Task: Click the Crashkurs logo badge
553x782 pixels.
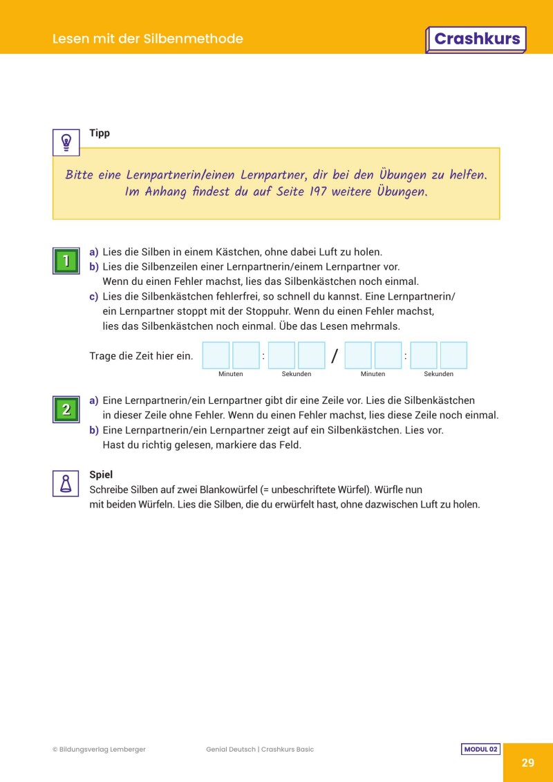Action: (x=476, y=39)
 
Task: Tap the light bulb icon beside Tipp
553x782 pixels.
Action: (x=66, y=142)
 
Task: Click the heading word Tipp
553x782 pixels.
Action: (x=100, y=133)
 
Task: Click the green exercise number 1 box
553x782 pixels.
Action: (x=66, y=261)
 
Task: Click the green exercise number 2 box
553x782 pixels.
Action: (x=66, y=409)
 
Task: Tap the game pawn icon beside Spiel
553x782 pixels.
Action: (x=66, y=483)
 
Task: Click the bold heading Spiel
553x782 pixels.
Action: (x=101, y=475)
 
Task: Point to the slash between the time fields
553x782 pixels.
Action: (x=335, y=356)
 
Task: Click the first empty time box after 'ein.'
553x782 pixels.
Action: (x=216, y=355)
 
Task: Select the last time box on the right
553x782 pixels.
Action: (x=453, y=355)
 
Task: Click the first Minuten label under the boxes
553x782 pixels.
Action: (x=231, y=374)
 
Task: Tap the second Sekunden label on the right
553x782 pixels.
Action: (x=438, y=374)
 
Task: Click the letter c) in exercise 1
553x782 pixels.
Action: (x=94, y=297)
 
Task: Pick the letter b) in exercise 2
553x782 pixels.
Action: (x=94, y=430)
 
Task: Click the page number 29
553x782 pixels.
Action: (x=527, y=763)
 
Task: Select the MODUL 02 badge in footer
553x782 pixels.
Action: (x=480, y=750)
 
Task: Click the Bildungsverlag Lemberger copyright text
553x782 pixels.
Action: (x=99, y=750)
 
